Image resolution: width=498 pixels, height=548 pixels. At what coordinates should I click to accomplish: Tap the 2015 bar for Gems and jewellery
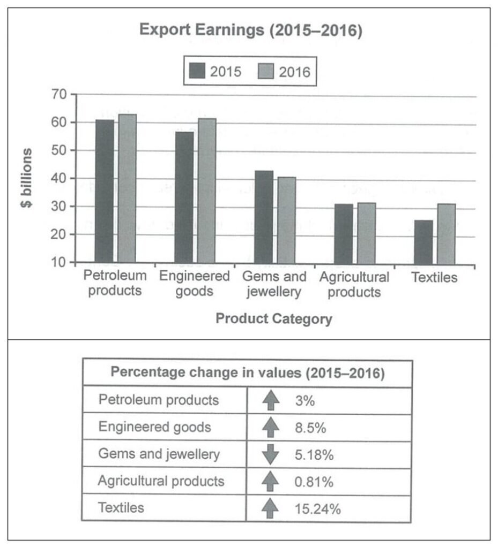[x=264, y=217]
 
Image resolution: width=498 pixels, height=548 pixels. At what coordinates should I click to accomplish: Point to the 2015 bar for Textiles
[x=423, y=242]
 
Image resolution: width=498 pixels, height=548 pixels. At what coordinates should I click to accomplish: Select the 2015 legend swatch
[x=197, y=71]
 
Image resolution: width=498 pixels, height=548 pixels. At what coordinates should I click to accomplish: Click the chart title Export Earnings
[x=251, y=31]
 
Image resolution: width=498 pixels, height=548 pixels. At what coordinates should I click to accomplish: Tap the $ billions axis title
[x=27, y=178]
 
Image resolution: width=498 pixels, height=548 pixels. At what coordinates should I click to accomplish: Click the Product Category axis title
[x=273, y=319]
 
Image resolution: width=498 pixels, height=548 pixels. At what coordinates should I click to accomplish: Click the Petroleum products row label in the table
[x=159, y=400]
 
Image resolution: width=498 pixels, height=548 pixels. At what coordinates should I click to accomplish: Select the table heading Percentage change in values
[x=247, y=374]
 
